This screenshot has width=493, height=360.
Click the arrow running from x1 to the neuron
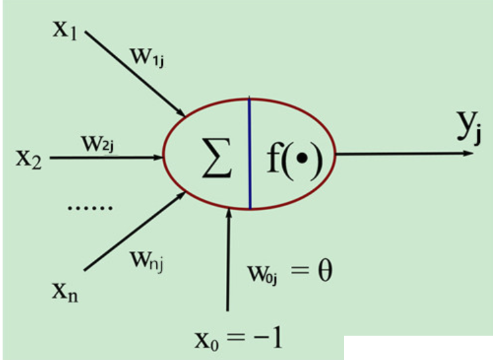point(135,72)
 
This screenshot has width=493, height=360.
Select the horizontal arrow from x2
point(105,158)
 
